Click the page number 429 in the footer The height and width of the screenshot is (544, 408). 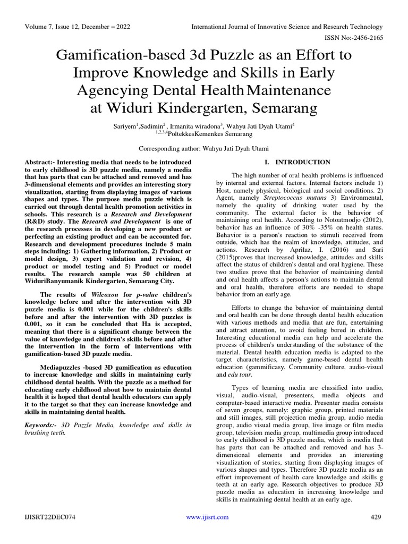(x=376, y=517)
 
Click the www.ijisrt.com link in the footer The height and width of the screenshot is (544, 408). (x=207, y=517)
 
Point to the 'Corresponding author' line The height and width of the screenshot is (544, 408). (x=203, y=149)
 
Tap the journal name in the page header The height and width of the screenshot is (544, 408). (x=287, y=27)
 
